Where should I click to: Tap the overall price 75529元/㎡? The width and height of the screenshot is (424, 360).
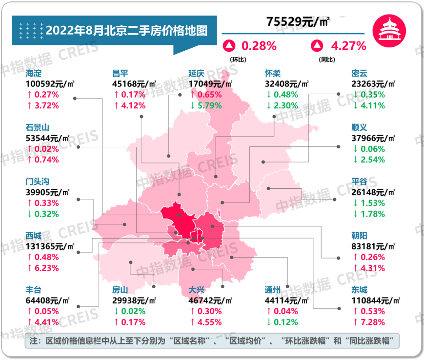[x=298, y=21]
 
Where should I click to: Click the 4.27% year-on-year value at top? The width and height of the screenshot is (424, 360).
[x=348, y=46]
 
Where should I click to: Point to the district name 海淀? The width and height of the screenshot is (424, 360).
[x=35, y=73]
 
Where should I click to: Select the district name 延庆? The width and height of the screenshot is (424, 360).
[x=198, y=73]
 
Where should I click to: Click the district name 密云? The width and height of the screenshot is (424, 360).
[x=360, y=73]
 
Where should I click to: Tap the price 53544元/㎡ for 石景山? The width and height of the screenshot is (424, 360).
[x=48, y=138]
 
